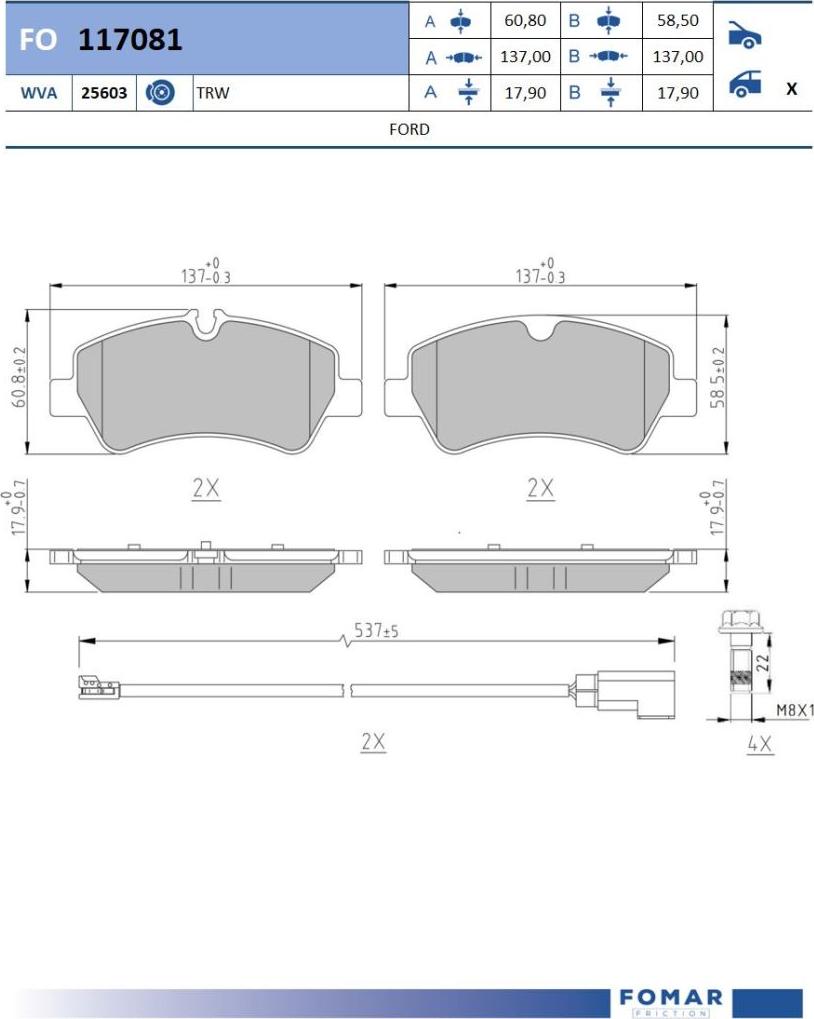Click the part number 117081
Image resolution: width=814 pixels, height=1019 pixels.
tap(130, 40)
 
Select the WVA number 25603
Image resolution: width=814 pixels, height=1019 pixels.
tap(104, 93)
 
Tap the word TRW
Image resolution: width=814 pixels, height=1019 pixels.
tap(212, 93)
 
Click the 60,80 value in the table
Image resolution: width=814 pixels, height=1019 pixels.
tap(525, 21)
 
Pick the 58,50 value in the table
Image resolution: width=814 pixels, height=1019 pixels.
tap(678, 21)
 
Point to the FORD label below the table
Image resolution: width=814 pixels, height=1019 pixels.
tap(409, 129)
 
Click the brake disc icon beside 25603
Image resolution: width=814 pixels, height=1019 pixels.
tap(160, 93)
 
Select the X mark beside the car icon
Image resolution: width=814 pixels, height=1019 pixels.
tap(791, 88)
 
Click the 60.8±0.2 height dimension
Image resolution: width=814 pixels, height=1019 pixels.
tap(19, 378)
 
